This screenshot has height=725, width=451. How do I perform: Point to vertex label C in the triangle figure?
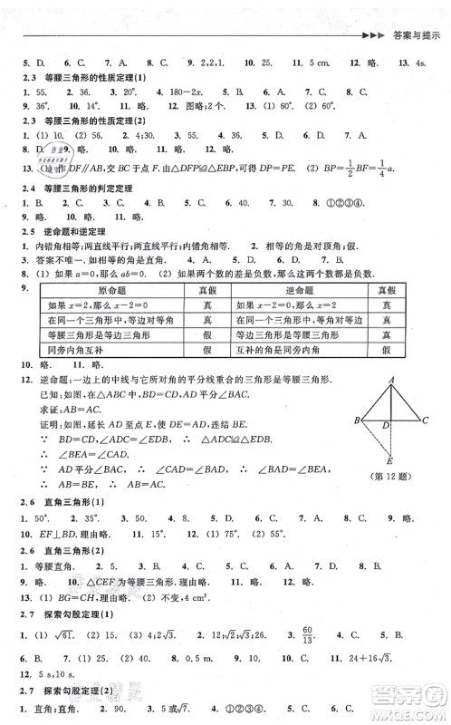[x=426, y=419]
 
